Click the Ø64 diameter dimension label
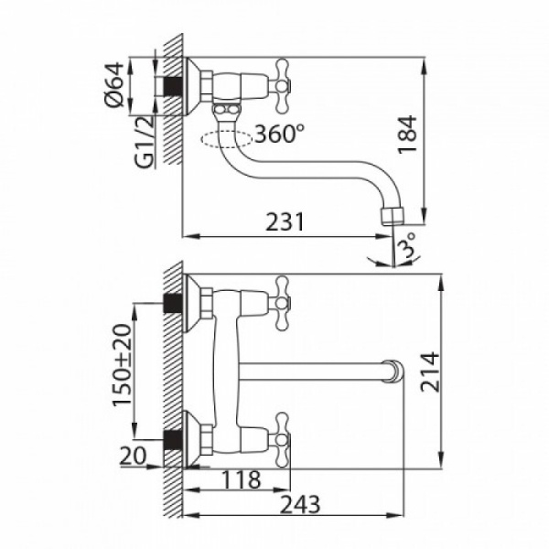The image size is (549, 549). coord(114,85)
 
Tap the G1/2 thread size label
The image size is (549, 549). coord(144,142)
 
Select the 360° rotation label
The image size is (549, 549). coord(280,134)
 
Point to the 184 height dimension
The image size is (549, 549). coord(408,135)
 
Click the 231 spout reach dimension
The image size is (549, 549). coord(285,222)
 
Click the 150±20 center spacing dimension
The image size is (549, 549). coord(123,365)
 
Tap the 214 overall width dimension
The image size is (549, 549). coord(430,371)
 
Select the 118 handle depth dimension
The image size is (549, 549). coord(242,480)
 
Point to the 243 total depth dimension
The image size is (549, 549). coord(301,505)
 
